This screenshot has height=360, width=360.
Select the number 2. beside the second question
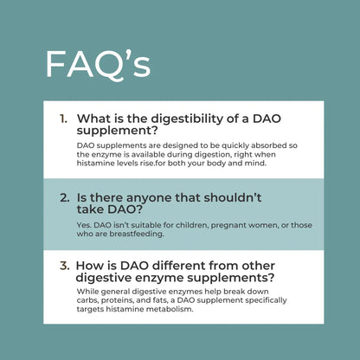[x=65, y=196]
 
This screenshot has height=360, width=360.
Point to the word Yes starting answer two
[x=84, y=225]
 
